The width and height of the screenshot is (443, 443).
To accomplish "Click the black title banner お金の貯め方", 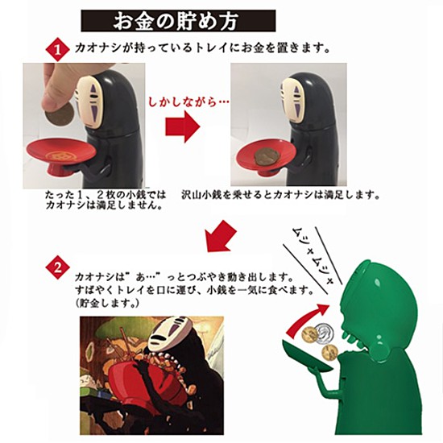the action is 178,21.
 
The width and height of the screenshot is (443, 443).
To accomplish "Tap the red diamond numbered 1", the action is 58,50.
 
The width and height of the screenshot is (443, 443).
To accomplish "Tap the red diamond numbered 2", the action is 58,267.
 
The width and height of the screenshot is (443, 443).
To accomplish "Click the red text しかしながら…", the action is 188,101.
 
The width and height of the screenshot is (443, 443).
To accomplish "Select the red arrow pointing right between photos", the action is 183,126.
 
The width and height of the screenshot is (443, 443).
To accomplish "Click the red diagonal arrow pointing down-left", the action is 221,237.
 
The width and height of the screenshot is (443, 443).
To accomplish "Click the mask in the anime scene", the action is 165,333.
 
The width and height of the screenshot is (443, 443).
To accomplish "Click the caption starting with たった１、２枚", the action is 105,200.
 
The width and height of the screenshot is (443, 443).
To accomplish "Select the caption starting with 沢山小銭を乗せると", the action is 280,195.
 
